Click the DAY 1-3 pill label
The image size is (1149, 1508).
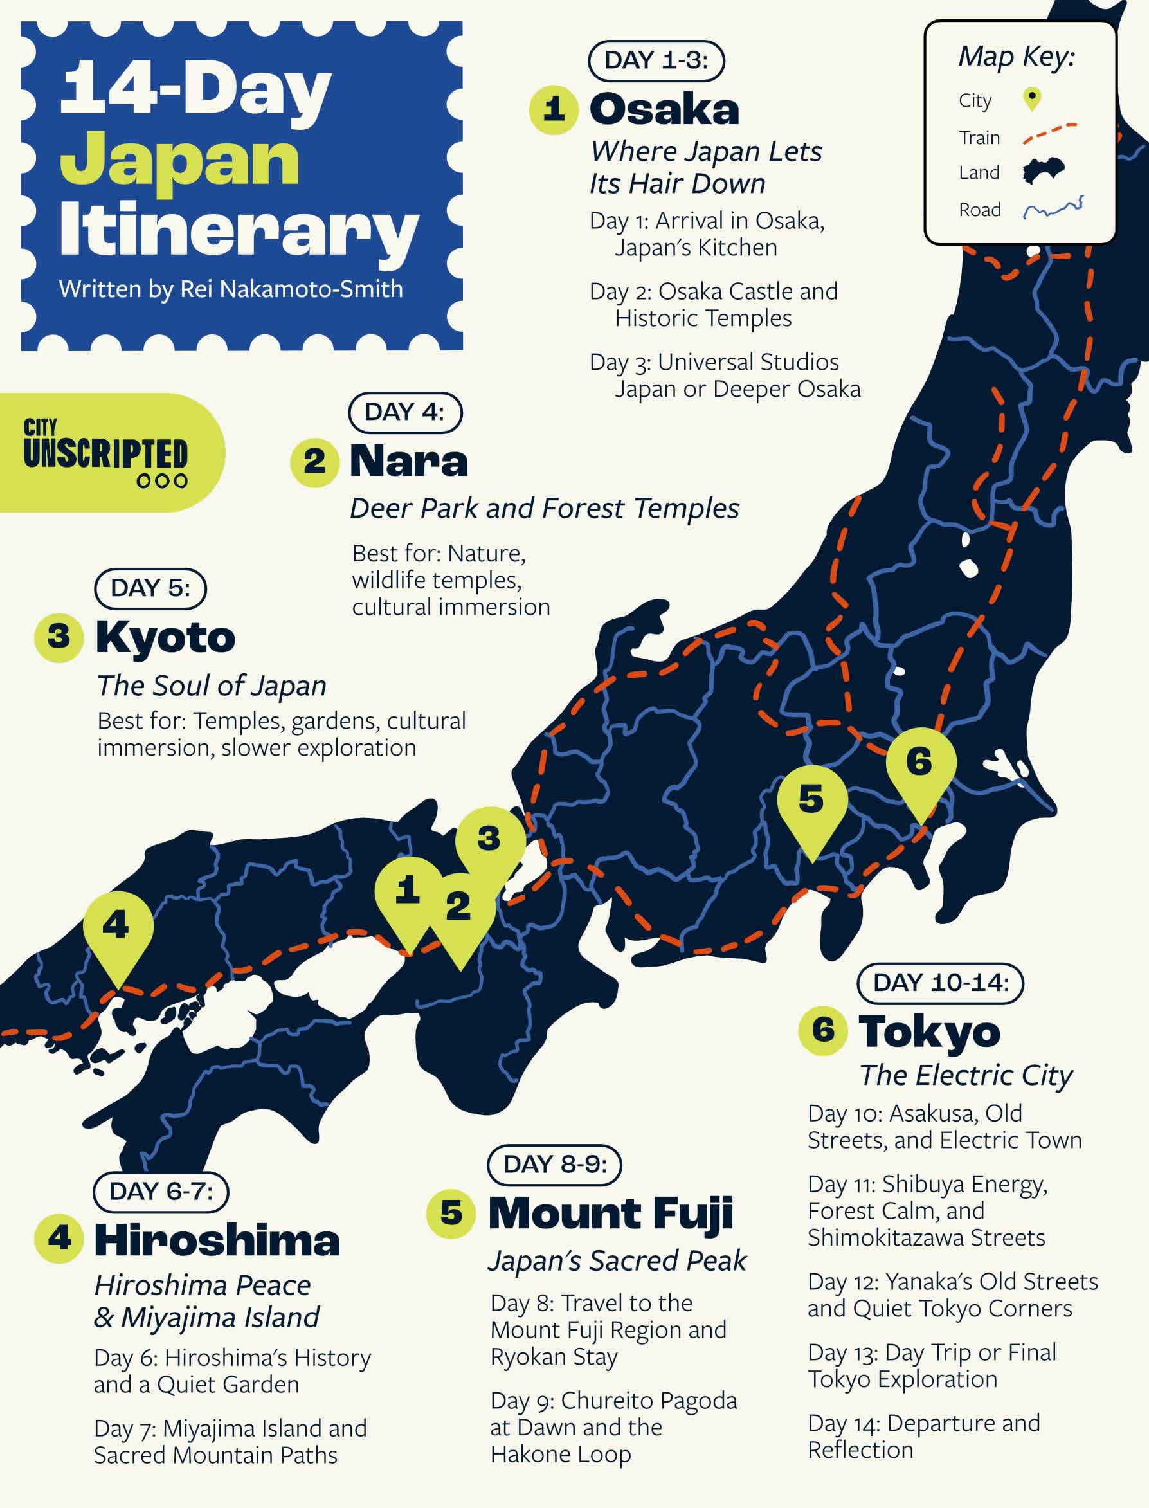pyautogui.click(x=656, y=61)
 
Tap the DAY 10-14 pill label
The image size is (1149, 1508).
pyautogui.click(x=941, y=983)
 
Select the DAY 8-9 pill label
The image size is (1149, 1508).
pyautogui.click(x=555, y=1165)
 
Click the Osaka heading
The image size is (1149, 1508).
pyautogui.click(x=664, y=109)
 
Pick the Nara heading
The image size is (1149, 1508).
pyautogui.click(x=409, y=461)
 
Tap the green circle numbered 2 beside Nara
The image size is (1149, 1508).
pyautogui.click(x=314, y=462)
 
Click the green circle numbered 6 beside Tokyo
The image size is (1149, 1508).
pyautogui.click(x=824, y=1031)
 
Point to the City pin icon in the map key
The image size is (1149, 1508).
pyautogui.click(x=1032, y=99)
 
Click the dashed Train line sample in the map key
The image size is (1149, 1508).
pyautogui.click(x=1049, y=134)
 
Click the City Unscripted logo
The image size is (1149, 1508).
pyautogui.click(x=106, y=453)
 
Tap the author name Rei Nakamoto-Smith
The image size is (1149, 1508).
pyautogui.click(x=291, y=289)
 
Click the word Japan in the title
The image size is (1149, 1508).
pyautogui.click(x=180, y=161)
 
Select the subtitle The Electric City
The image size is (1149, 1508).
pyautogui.click(x=966, y=1076)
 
